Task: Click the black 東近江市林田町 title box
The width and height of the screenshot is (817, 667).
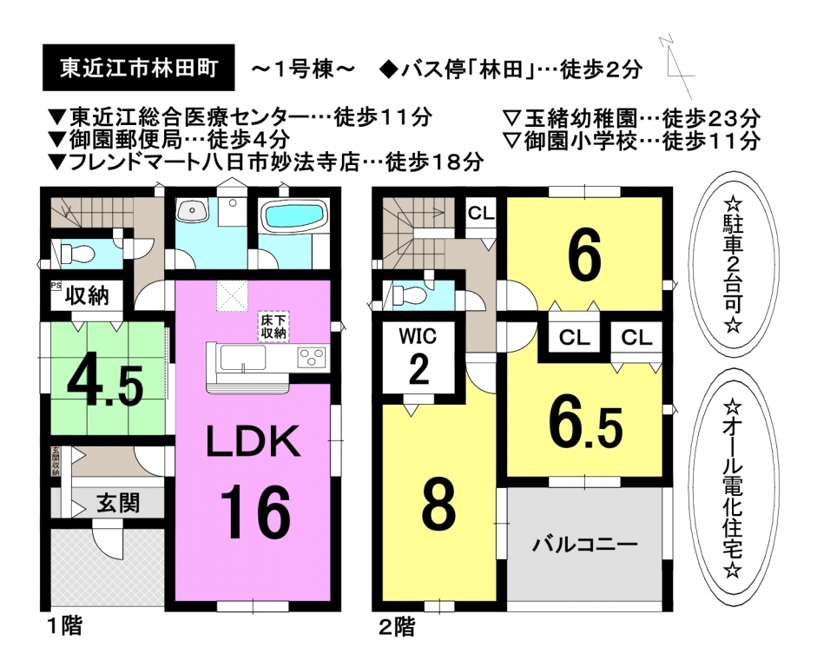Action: (139, 68)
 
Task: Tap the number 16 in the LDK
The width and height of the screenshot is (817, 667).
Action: (254, 512)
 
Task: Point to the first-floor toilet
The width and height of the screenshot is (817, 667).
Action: (77, 254)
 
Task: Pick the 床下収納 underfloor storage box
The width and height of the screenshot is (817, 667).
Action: (273, 327)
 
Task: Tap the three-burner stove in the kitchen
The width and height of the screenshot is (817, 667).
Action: (311, 358)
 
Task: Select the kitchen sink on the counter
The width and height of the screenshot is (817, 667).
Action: (243, 358)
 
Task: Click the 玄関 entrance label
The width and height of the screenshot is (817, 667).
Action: (118, 504)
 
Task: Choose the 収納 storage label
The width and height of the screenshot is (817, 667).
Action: (87, 295)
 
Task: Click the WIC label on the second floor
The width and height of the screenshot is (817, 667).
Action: (418, 336)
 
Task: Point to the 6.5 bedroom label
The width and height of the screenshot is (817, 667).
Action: (586, 426)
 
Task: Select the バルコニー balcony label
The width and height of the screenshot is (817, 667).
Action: (584, 545)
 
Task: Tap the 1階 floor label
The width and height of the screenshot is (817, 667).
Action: (63, 625)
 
